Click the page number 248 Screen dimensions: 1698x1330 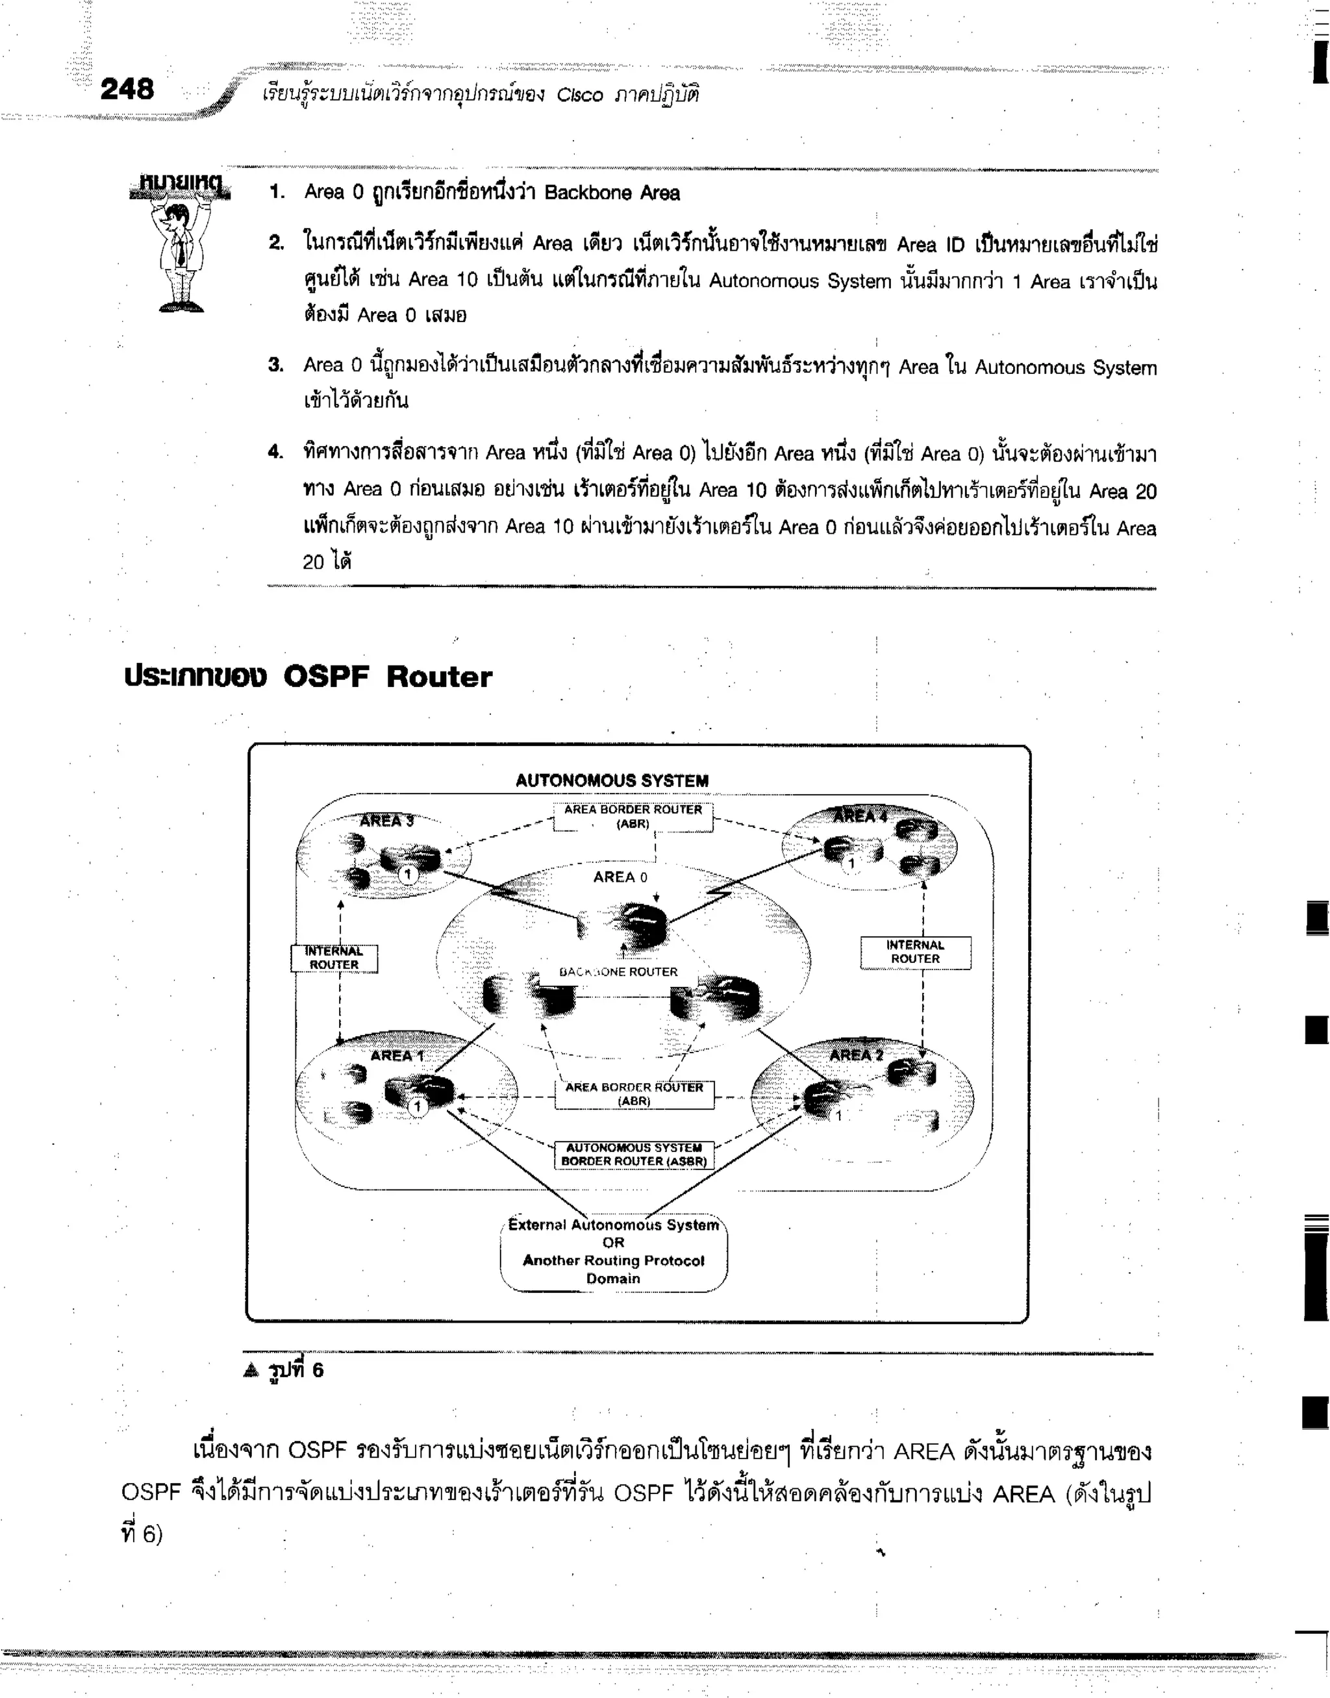click(x=127, y=90)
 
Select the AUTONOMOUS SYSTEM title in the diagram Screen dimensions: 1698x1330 click(x=612, y=780)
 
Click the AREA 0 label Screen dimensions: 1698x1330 click(x=620, y=877)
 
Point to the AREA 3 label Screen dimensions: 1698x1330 click(x=386, y=821)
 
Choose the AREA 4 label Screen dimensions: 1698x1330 click(x=860, y=816)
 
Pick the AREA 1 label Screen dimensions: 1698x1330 click(x=396, y=1056)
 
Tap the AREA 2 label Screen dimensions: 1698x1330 click(x=856, y=1055)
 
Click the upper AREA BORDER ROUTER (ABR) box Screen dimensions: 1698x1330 click(x=633, y=817)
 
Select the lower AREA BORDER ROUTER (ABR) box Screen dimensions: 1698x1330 click(x=634, y=1094)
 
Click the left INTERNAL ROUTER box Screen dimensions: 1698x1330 click(x=334, y=958)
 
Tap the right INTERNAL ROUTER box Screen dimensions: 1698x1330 click(x=915, y=951)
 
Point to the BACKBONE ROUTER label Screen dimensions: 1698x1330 click(x=618, y=971)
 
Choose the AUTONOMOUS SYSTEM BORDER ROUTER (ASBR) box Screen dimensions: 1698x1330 click(x=634, y=1155)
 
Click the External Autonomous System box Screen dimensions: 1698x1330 click(x=614, y=1251)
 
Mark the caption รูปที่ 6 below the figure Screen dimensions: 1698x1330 click(x=294, y=1370)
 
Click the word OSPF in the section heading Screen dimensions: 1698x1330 click(x=325, y=677)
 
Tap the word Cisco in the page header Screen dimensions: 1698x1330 click(x=579, y=95)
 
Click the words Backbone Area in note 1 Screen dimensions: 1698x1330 click(x=612, y=193)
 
